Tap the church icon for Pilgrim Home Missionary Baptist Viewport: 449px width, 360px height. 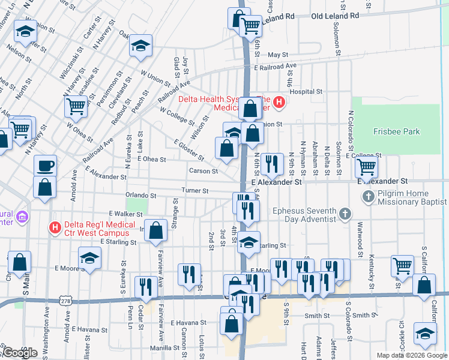(369, 196)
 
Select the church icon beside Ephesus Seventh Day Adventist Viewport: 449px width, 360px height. (345, 214)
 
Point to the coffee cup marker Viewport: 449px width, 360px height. (45, 165)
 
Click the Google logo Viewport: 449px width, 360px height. (19, 353)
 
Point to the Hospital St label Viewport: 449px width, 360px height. (306, 92)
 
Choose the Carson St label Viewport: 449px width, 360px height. (203, 171)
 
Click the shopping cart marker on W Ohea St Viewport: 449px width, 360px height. (76, 107)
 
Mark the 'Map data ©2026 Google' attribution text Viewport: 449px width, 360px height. (411, 355)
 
